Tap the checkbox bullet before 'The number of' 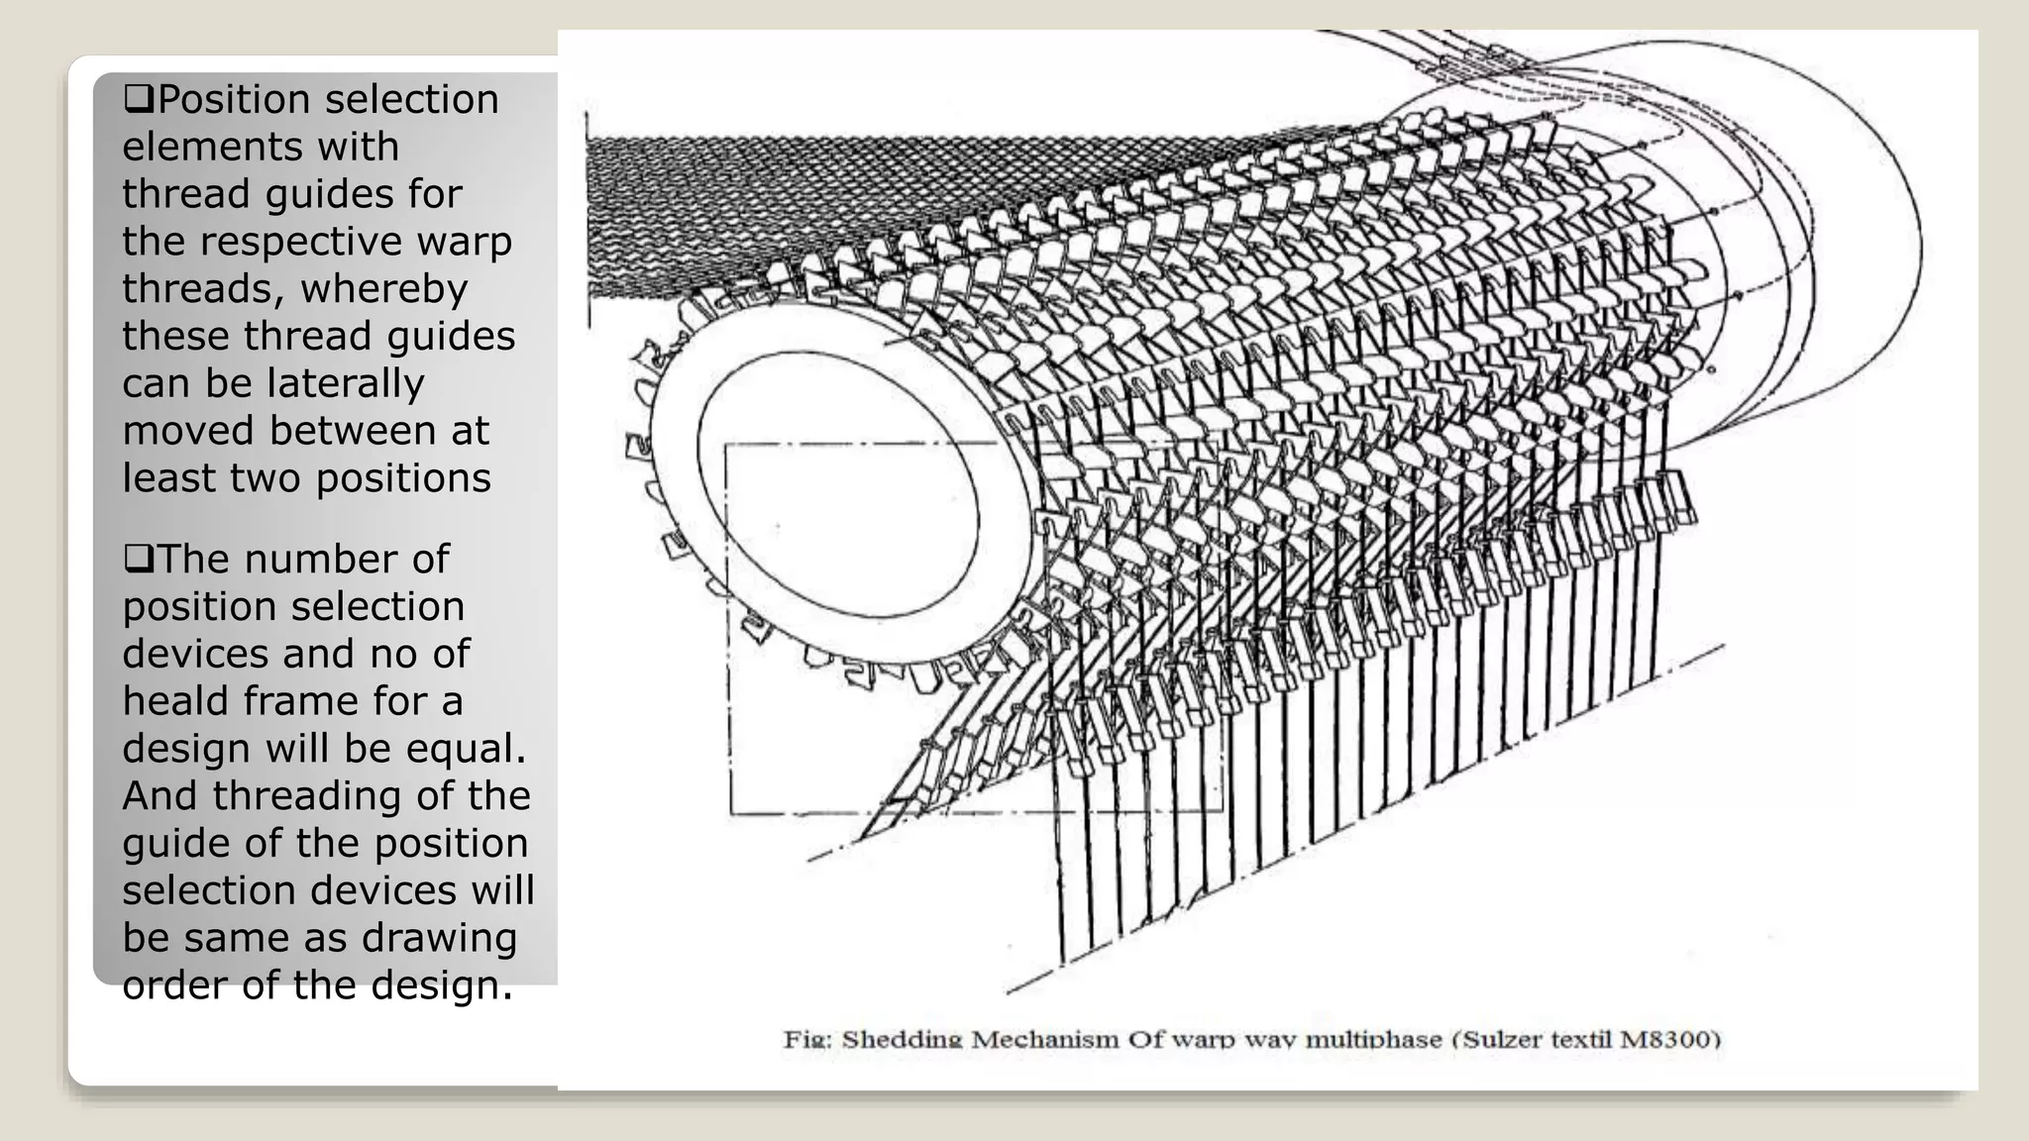tap(139, 559)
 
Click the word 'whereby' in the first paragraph tap(384, 289)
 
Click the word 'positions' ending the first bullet tap(403, 479)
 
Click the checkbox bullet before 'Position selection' tap(139, 99)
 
